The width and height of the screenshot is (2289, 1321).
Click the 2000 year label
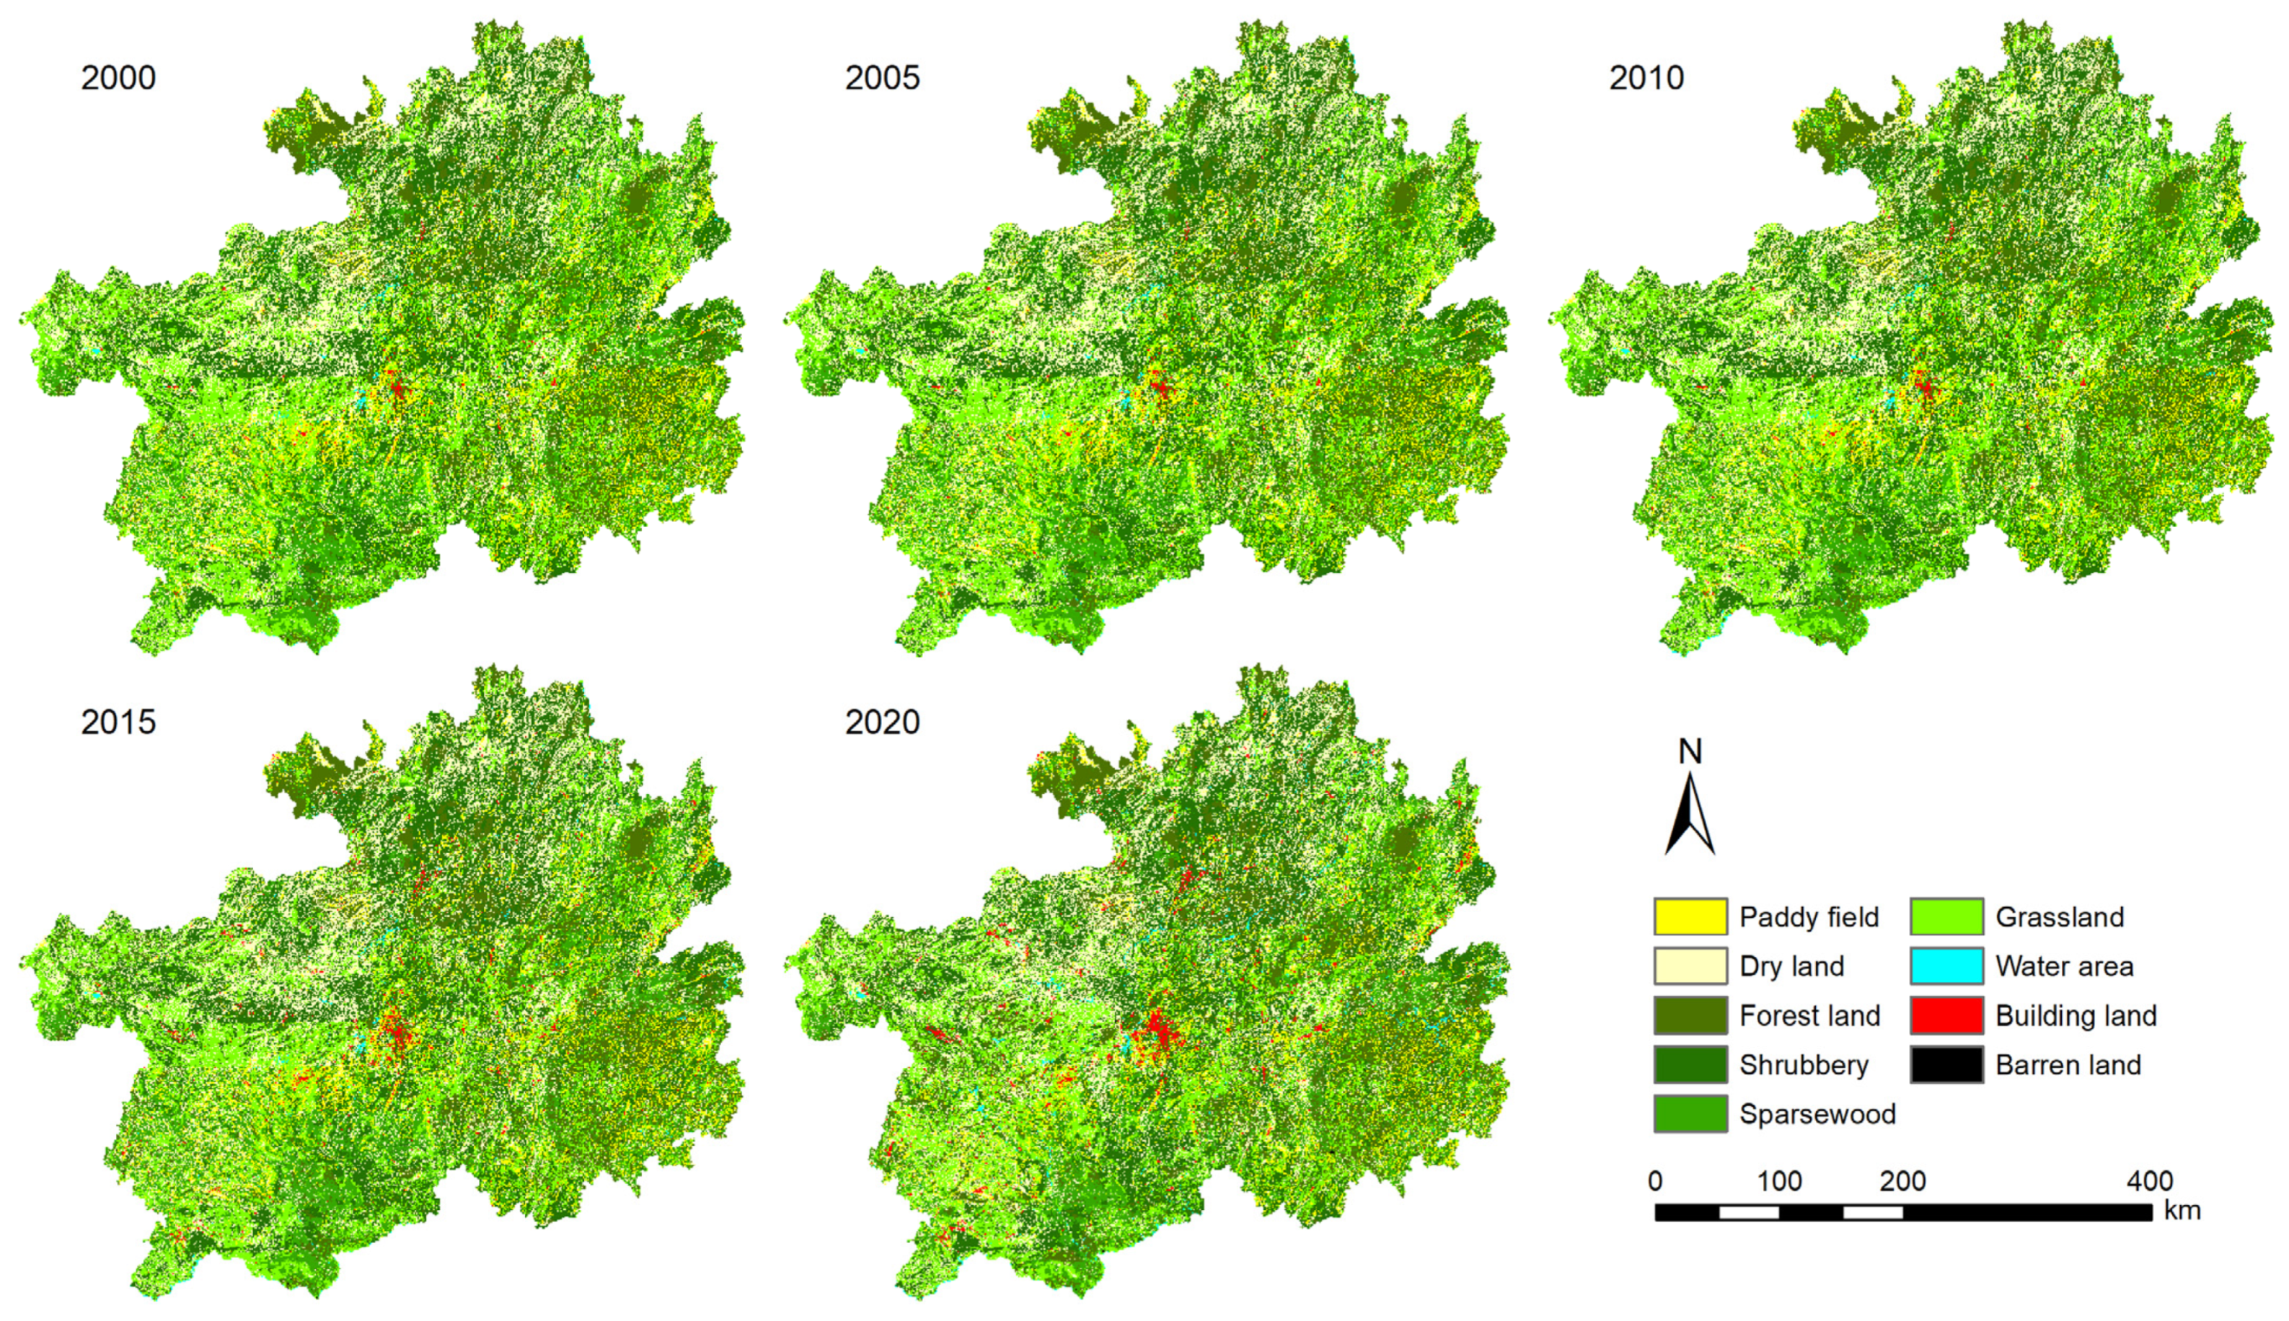click(x=118, y=78)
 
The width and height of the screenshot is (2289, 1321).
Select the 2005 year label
click(x=882, y=78)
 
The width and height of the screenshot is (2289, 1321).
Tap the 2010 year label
click(x=1646, y=78)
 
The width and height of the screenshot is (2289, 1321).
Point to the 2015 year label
click(x=118, y=723)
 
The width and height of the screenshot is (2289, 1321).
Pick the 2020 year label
click(x=882, y=723)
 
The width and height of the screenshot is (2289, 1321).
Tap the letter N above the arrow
click(x=1689, y=751)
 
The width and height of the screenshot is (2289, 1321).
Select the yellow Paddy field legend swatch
click(x=1689, y=916)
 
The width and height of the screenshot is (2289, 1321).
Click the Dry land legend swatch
click(x=1689, y=966)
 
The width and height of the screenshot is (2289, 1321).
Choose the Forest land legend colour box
click(x=1689, y=1015)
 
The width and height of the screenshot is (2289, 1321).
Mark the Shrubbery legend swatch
click(x=1689, y=1064)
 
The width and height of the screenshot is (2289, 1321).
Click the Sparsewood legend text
click(x=1817, y=1114)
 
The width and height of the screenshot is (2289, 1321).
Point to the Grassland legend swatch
click(x=1946, y=916)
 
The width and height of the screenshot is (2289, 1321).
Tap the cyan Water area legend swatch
click(x=1946, y=966)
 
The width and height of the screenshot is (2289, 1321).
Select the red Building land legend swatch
click(x=1946, y=1015)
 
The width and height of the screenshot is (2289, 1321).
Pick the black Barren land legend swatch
click(x=1946, y=1064)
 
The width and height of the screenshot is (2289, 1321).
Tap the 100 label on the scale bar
click(x=1778, y=1180)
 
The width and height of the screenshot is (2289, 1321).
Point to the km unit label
click(x=2182, y=1210)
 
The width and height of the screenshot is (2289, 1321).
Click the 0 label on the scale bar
click(x=1656, y=1180)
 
